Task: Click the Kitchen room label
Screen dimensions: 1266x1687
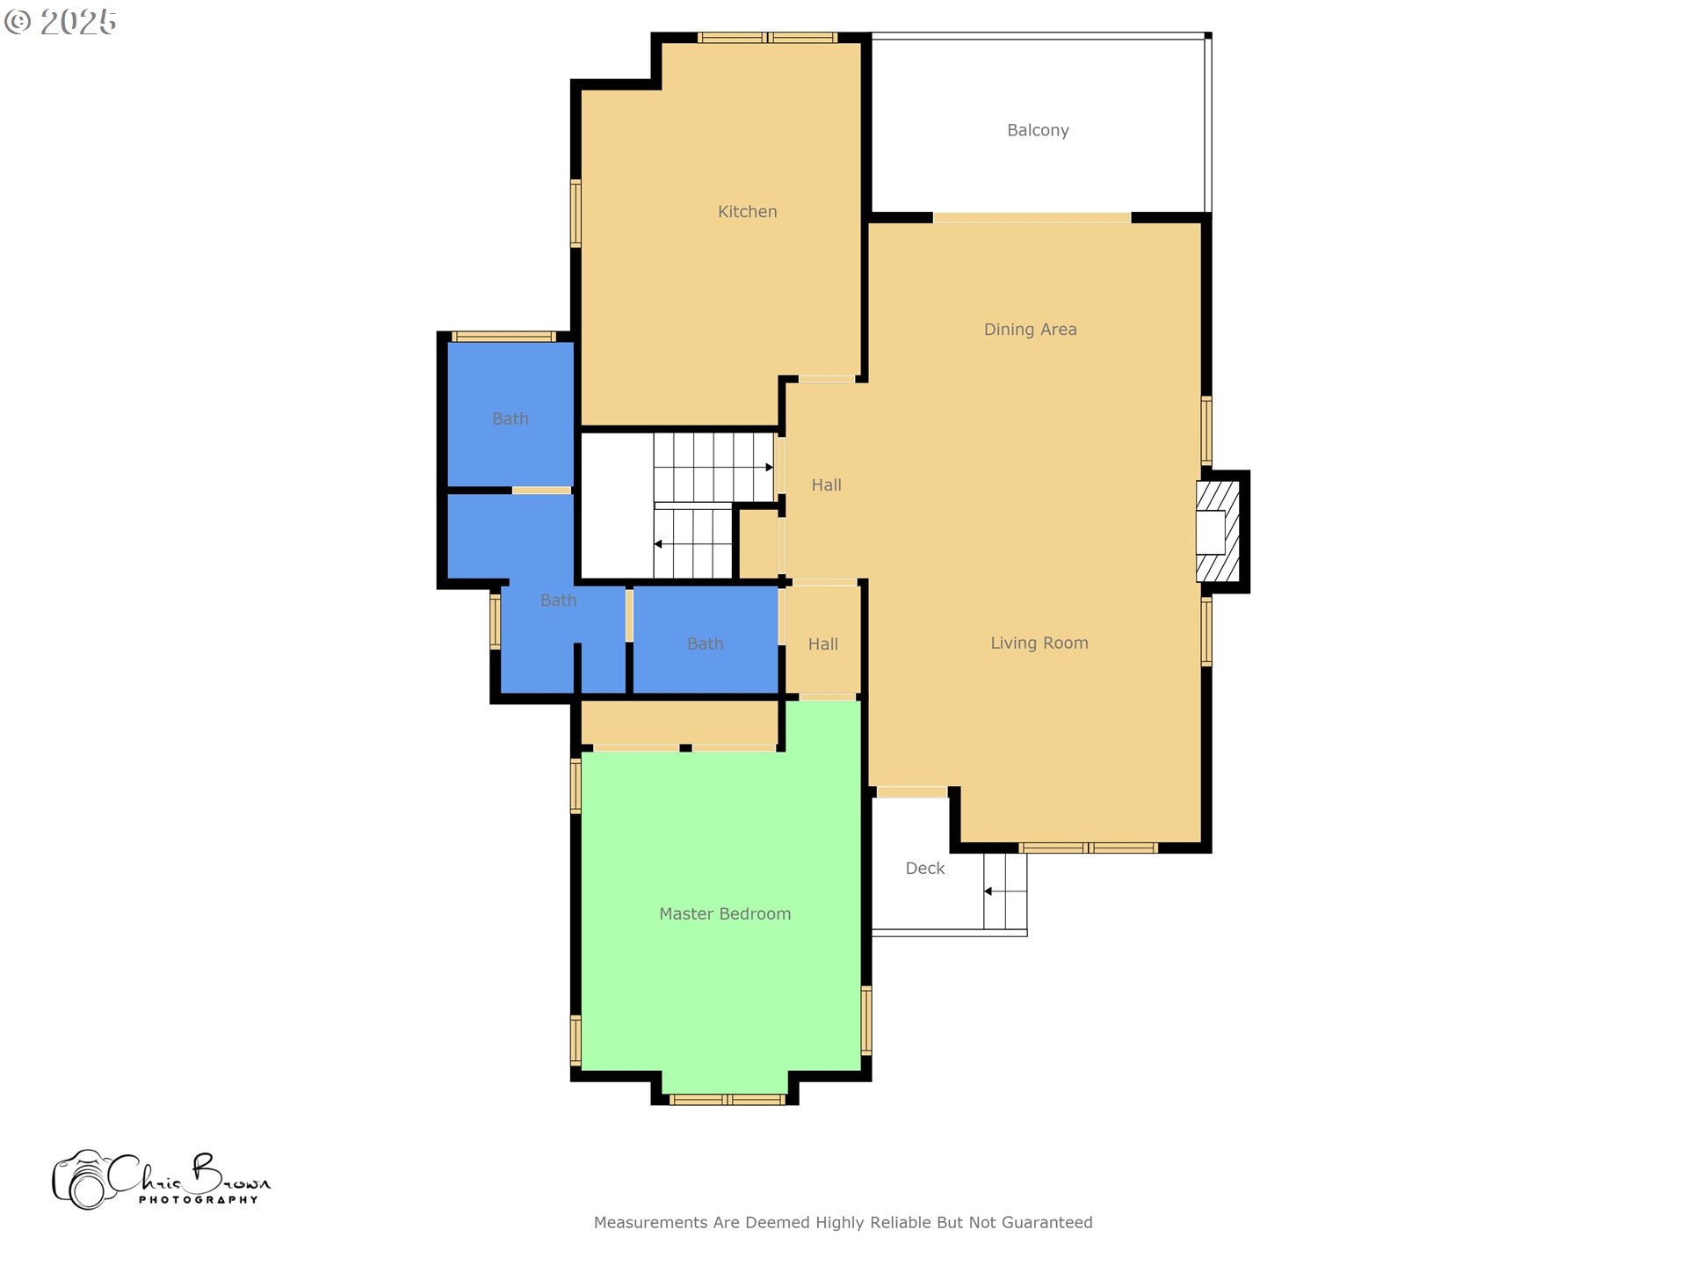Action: (747, 212)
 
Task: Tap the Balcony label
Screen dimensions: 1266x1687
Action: (1038, 130)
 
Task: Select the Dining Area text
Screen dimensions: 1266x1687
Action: (1030, 330)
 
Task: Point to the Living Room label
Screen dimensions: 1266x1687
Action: (1039, 643)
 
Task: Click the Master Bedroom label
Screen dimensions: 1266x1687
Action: (725, 913)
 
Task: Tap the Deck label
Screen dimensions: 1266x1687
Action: (924, 868)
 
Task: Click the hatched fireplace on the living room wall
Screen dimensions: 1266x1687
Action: (1218, 531)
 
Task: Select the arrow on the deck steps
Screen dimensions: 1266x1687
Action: (988, 891)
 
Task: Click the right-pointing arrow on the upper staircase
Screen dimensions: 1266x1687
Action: (769, 467)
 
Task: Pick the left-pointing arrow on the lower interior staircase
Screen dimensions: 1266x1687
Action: (658, 544)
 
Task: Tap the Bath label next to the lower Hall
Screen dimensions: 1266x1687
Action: (705, 644)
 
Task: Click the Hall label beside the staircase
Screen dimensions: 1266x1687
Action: (826, 485)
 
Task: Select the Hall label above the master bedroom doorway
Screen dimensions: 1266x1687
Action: (822, 644)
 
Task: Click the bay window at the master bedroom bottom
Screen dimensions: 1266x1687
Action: (727, 1099)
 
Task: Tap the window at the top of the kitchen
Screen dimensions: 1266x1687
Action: (767, 38)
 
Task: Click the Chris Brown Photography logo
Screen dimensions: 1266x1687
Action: (162, 1180)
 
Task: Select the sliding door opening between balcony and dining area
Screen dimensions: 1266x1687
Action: (1032, 217)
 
